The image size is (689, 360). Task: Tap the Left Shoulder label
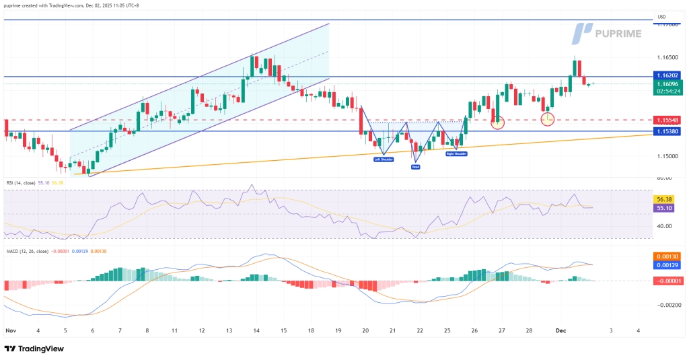(x=384, y=159)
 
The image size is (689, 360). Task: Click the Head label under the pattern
(x=416, y=166)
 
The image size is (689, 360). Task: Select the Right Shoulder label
(x=456, y=154)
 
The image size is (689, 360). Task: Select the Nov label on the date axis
(x=10, y=331)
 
